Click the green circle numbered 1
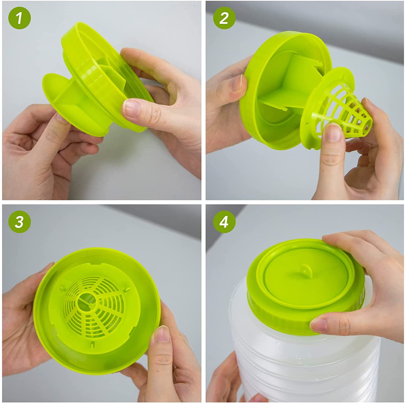[x=19, y=19]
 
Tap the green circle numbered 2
[x=224, y=19]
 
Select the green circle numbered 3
[x=19, y=222]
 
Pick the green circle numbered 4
[x=224, y=222]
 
